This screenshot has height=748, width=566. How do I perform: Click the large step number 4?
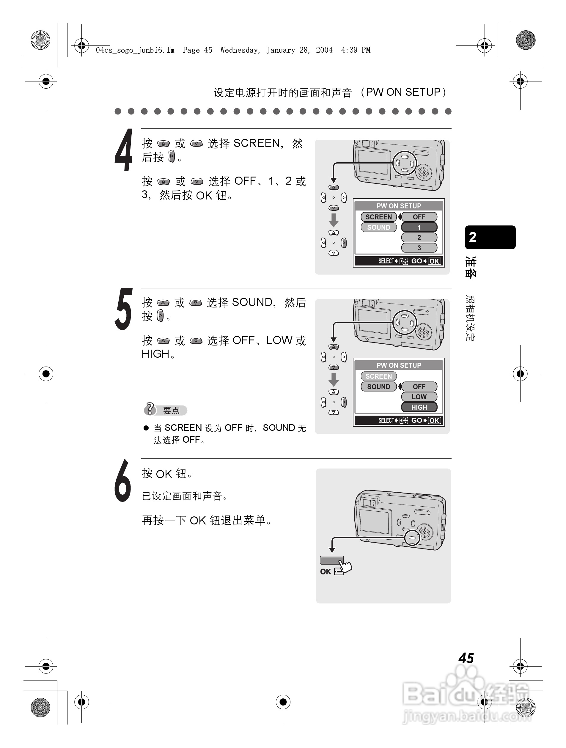(124, 150)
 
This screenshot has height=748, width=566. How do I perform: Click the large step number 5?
(124, 309)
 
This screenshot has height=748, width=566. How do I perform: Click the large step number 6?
(123, 480)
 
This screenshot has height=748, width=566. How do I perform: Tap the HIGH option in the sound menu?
(419, 407)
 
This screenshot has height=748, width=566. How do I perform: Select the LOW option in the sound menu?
(419, 397)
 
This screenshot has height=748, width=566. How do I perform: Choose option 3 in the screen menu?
(419, 248)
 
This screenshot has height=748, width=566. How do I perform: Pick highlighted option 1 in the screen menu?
(419, 227)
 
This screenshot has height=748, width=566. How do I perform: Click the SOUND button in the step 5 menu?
(378, 386)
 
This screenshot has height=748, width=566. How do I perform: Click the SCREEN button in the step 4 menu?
(378, 217)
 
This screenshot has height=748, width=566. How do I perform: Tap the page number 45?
(466, 658)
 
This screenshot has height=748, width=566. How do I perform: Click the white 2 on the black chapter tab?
(473, 237)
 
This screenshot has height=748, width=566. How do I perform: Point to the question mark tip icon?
(150, 409)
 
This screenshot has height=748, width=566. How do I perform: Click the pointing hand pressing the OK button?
(345, 565)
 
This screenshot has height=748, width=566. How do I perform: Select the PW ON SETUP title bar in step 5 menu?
(399, 365)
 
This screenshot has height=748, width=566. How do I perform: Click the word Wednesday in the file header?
(239, 50)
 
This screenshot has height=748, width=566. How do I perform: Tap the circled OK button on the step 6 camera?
(412, 537)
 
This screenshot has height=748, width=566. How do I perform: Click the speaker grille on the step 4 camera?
(423, 173)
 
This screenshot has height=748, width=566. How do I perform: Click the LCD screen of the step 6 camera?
(374, 521)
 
